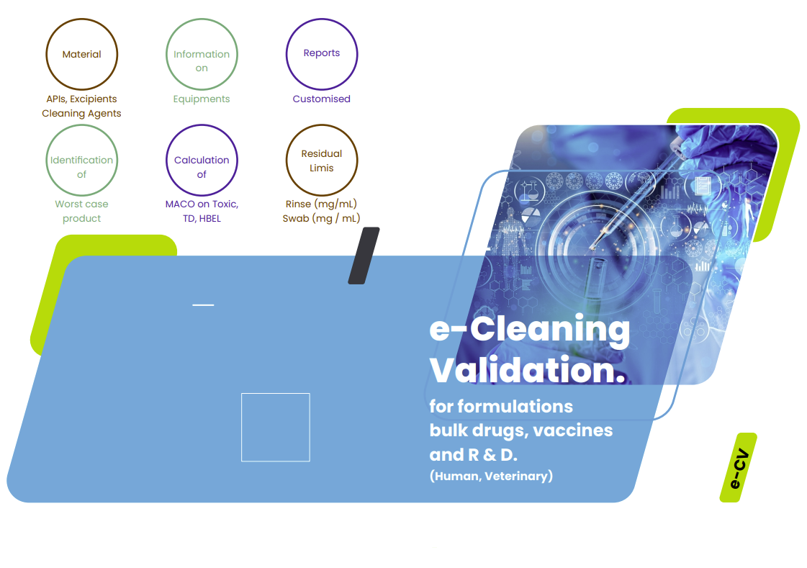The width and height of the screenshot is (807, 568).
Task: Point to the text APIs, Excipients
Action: pos(82,99)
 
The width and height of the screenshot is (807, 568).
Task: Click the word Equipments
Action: pos(202,99)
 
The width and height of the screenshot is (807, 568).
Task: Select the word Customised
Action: pos(322,99)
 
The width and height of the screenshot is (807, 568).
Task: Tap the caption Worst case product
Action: pos(82,211)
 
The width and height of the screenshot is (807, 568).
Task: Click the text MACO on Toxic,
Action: pos(202,204)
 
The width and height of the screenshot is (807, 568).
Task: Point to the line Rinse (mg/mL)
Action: pos(322,204)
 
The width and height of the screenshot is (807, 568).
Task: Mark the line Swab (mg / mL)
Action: pos(322,219)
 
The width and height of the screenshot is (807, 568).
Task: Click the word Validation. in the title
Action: pos(528,369)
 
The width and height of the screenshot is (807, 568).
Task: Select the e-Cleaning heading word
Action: pos(530,329)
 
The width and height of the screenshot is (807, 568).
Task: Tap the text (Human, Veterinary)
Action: pos(492,476)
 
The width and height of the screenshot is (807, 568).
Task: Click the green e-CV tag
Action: pos(739,468)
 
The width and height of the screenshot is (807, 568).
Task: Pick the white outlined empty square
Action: pos(275,394)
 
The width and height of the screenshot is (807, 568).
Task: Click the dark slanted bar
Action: pos(364,256)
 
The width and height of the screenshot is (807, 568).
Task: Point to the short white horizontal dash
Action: pos(203,305)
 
